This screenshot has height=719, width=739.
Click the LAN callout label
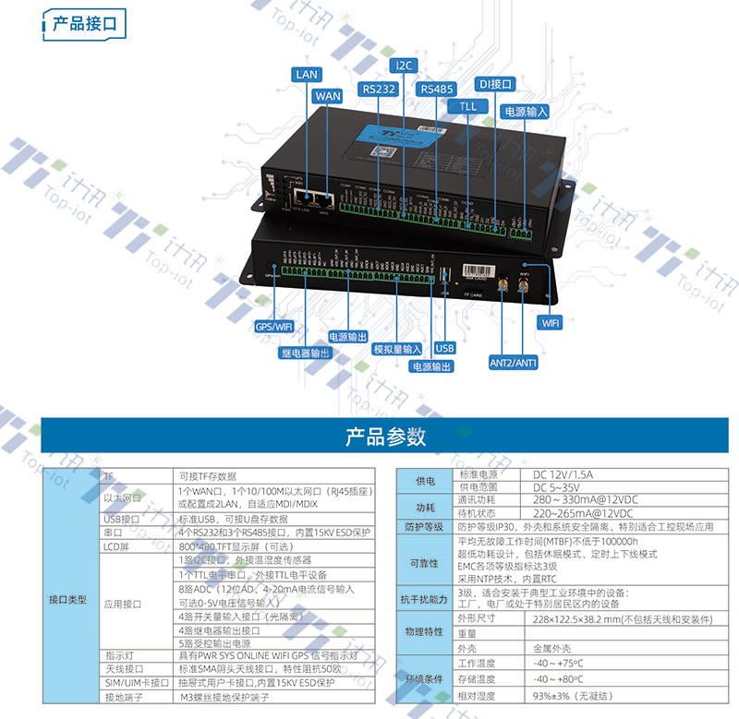(x=307, y=75)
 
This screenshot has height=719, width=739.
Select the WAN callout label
(x=328, y=95)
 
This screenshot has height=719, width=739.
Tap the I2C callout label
(x=405, y=66)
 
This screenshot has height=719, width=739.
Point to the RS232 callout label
(x=380, y=89)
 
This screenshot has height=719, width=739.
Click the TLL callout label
(x=467, y=106)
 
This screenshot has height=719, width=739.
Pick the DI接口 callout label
(x=495, y=84)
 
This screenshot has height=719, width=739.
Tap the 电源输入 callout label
(x=525, y=111)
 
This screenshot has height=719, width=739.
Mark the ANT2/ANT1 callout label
(x=514, y=363)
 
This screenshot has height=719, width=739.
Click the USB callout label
(x=444, y=347)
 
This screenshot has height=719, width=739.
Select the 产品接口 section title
(x=84, y=23)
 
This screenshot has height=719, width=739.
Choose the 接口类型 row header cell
(x=70, y=599)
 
